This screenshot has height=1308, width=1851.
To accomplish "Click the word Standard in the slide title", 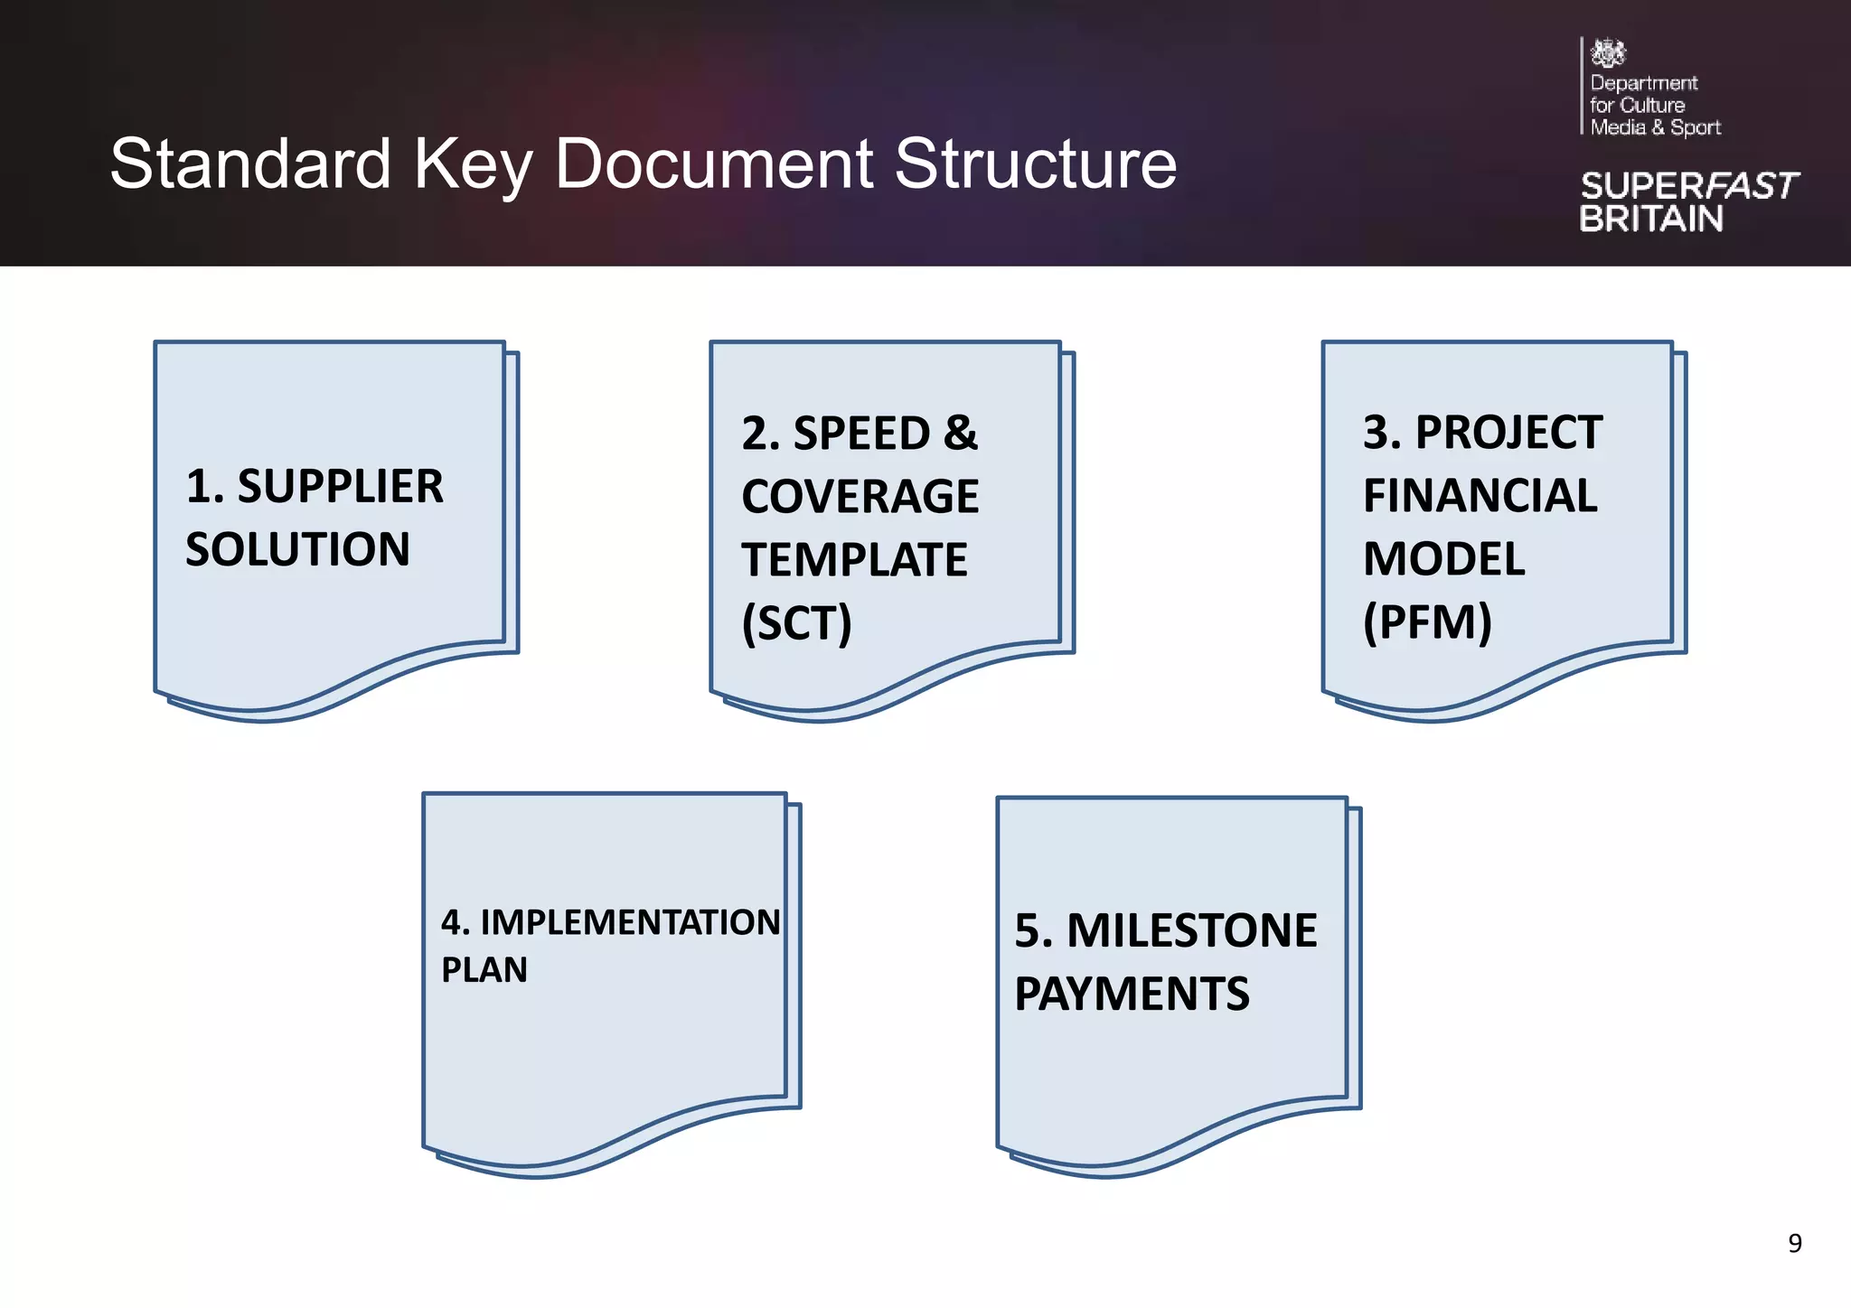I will [250, 164].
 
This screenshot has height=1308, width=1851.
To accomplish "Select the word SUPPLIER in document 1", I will [340, 487].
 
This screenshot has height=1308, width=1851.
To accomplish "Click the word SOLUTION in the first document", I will [297, 550].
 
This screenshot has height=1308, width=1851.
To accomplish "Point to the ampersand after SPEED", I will [961, 434].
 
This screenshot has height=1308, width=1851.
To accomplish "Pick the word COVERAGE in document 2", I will [860, 497].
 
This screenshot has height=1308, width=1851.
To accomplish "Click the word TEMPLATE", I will [854, 560].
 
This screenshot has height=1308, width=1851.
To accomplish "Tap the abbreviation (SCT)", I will [796, 623].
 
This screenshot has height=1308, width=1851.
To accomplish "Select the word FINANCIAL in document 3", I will [1480, 496].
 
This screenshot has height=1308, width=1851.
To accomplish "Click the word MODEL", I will [1443, 559].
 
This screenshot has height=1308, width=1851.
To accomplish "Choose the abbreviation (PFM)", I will [1427, 622].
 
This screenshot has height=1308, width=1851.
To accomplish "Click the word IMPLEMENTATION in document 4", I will [630, 922].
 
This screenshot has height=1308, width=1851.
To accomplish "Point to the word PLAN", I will [484, 970].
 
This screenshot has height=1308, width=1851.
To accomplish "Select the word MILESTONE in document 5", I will [1191, 931].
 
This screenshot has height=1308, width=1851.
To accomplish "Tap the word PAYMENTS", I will [1132, 995].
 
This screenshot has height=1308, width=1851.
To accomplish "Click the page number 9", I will [1795, 1244].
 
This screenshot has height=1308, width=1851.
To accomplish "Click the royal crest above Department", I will [1608, 53].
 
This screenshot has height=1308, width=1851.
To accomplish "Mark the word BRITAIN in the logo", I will [1651, 220].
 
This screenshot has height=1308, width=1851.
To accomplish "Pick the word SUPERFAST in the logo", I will [1689, 186].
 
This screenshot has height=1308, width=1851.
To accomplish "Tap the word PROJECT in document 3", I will [1508, 433].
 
